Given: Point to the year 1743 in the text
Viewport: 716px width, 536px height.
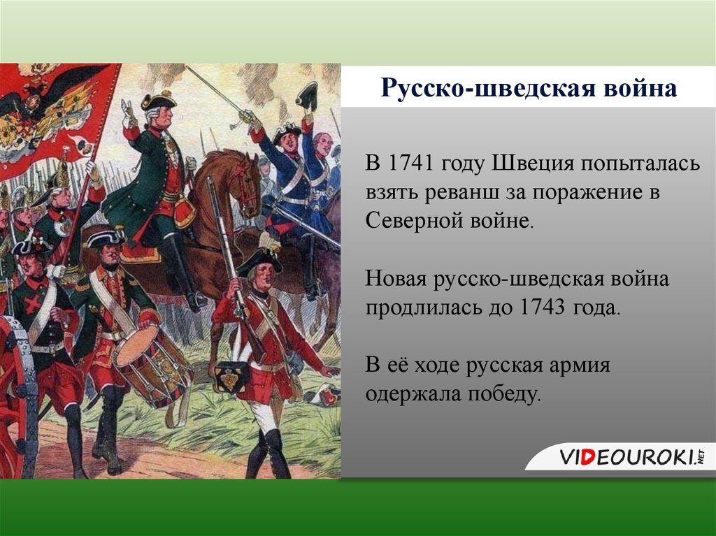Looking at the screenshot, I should click(543, 307).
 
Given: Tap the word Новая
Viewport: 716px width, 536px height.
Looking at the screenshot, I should click(396, 279).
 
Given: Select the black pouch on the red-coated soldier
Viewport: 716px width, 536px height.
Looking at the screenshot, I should click(231, 378).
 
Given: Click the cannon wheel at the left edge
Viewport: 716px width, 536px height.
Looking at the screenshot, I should click(21, 391).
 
